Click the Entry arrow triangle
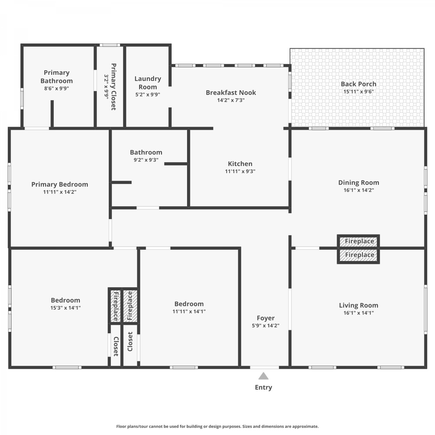263,376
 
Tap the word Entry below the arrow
263,387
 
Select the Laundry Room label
148,83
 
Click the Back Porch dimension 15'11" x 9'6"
358,92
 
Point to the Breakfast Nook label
231,93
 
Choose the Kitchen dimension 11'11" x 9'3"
240,171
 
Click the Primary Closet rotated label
113,87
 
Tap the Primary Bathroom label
57,77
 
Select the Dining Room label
359,182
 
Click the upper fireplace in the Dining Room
358,241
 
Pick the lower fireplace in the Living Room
358,255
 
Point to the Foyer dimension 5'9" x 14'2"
266,326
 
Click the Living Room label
359,305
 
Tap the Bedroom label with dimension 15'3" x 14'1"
66,300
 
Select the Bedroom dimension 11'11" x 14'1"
189,311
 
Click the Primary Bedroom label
60,184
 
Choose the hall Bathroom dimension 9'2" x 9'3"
146,160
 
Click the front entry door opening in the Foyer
264,367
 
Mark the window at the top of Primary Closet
110,45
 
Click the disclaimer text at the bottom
217,426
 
